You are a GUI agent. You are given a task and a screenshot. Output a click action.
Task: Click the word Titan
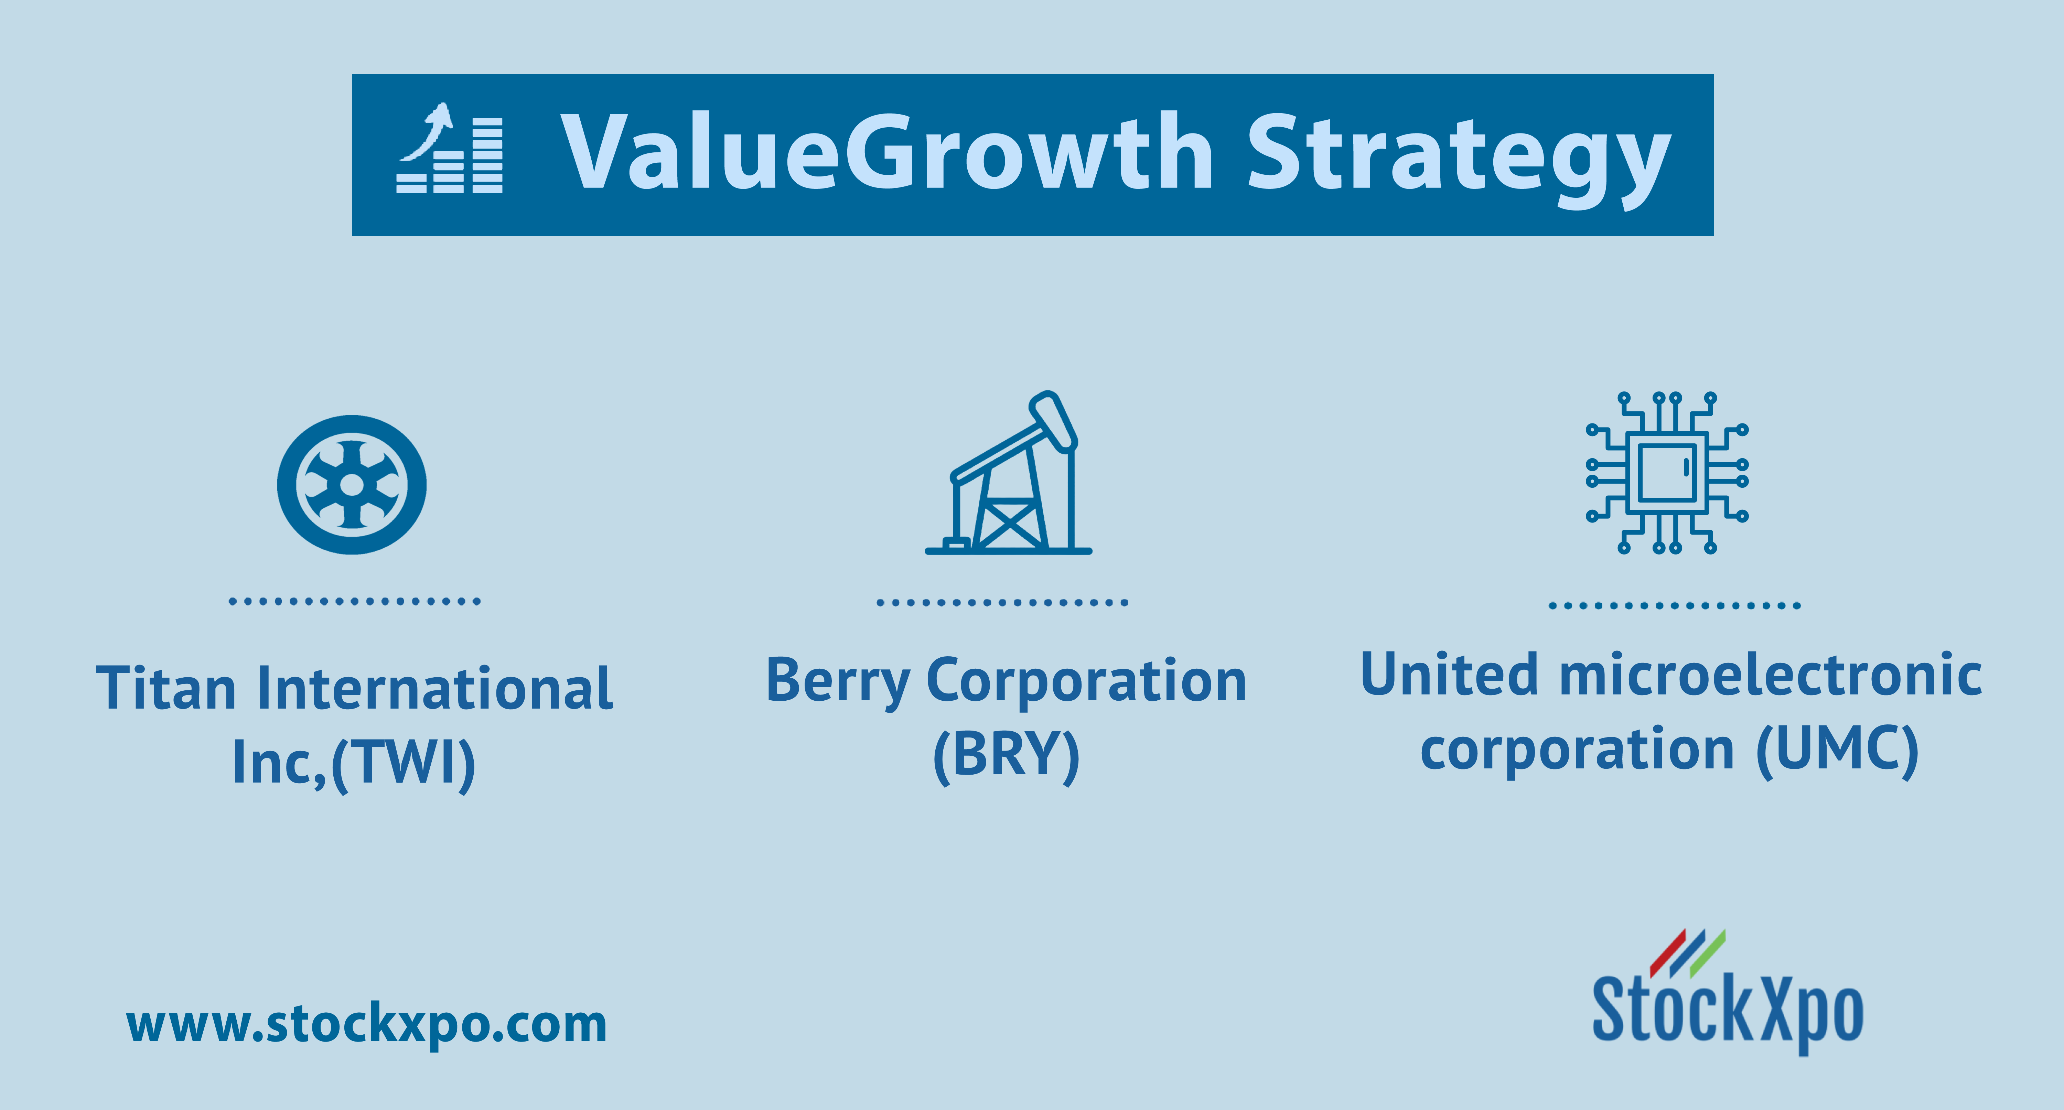166,688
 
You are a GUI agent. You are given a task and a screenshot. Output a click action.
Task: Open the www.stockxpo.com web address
367,1025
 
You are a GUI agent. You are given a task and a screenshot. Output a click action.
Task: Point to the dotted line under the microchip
1675,605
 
